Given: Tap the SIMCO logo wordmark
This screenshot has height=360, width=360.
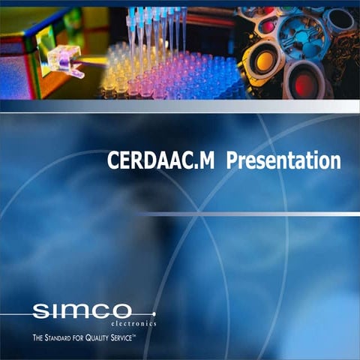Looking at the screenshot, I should [82, 310].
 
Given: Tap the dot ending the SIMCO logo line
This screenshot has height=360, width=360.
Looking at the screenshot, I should [154, 313].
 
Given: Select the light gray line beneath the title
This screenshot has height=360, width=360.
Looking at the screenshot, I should [247, 214].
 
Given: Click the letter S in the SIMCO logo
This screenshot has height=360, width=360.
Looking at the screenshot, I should [40, 310].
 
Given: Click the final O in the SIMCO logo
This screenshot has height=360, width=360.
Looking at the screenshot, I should [122, 310].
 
